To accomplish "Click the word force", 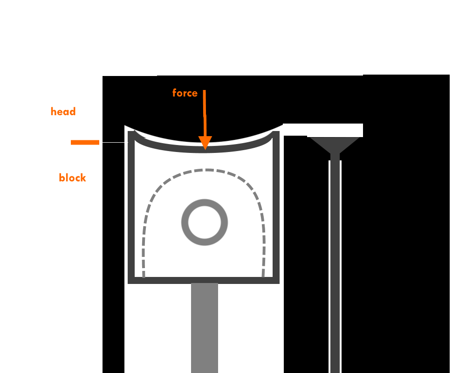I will pos(185,93).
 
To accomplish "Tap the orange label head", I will pos(63,111).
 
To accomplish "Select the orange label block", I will pos(72,178).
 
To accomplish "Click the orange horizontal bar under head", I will pos(85,142).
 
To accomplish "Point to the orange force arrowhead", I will pos(205,143).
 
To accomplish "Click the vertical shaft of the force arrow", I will pos(204,112).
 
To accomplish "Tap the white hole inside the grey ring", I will pos(204,222).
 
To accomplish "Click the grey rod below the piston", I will pos(204,326).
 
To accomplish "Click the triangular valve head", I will pos(335,144).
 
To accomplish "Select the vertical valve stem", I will pos(335,261).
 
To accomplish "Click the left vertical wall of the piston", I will pos(131,210).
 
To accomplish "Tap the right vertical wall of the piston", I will pos(276,210).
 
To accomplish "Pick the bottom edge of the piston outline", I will pos(204,281).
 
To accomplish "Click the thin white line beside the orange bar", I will pos(113,142).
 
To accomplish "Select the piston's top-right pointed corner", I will pos(273,133).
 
